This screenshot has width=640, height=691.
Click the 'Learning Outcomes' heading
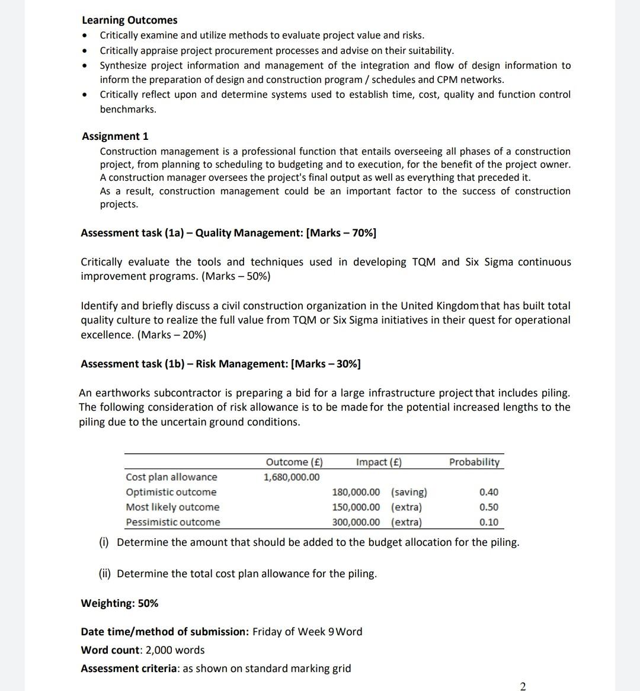click(x=129, y=20)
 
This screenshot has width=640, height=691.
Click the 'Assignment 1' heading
click(x=115, y=136)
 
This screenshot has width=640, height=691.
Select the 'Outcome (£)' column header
click(x=294, y=462)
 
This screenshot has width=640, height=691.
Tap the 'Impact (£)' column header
click(x=379, y=462)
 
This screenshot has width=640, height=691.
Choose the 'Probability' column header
click(x=474, y=462)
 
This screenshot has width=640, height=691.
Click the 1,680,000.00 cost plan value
click(x=292, y=477)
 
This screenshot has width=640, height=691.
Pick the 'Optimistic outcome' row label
click(x=171, y=492)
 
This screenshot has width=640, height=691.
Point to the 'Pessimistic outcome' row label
click(x=173, y=522)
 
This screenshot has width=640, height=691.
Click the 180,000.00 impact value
click(x=356, y=492)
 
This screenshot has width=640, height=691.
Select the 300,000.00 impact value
click(x=356, y=522)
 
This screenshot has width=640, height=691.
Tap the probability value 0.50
click(x=489, y=507)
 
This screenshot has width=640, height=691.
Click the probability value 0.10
click(x=489, y=522)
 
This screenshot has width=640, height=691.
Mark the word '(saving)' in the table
click(x=409, y=492)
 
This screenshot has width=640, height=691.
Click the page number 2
click(x=522, y=686)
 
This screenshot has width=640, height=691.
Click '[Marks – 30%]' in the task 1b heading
click(x=326, y=364)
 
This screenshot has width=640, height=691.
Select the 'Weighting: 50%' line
click(x=120, y=603)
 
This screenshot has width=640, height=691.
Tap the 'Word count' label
click(x=110, y=650)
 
